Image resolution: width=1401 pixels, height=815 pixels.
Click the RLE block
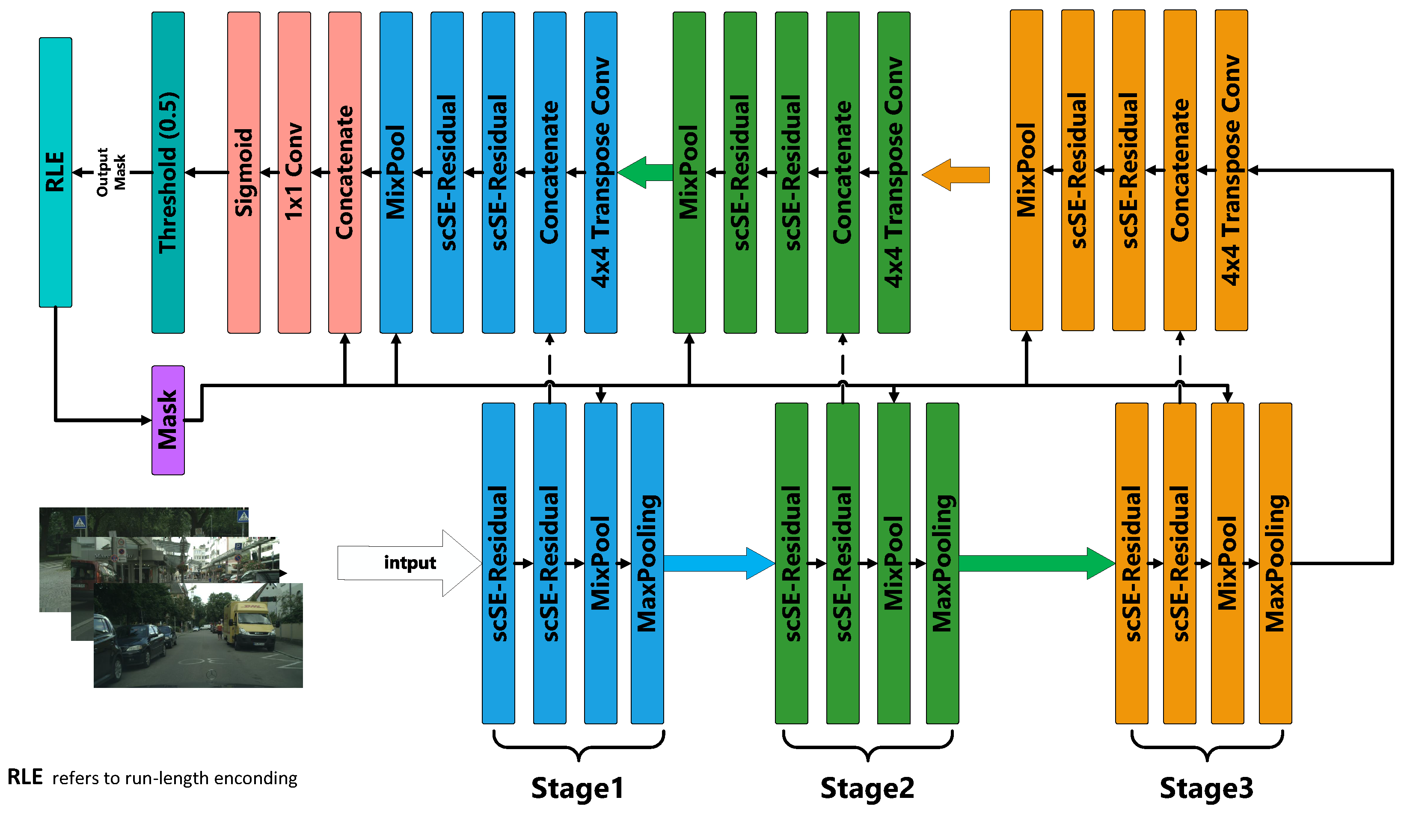(x=55, y=172)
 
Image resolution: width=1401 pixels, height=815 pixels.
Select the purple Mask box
(x=168, y=420)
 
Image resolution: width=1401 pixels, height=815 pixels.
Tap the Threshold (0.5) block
(x=168, y=172)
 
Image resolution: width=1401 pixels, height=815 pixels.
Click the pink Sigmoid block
(x=243, y=172)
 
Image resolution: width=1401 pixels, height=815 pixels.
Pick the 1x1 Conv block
(x=294, y=172)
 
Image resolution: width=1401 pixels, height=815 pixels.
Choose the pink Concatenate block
(x=345, y=172)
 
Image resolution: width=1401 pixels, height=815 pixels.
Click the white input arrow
(x=409, y=563)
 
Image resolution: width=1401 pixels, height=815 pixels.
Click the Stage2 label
(x=867, y=788)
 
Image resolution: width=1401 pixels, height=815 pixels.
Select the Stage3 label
(x=1206, y=788)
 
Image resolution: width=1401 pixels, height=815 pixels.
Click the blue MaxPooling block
(x=647, y=563)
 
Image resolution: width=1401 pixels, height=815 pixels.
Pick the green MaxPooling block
(x=942, y=563)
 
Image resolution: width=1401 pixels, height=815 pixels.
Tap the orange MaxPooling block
(x=1275, y=563)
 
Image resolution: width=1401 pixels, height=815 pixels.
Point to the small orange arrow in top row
(x=956, y=175)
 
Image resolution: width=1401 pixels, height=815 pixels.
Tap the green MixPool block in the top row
(x=689, y=172)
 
